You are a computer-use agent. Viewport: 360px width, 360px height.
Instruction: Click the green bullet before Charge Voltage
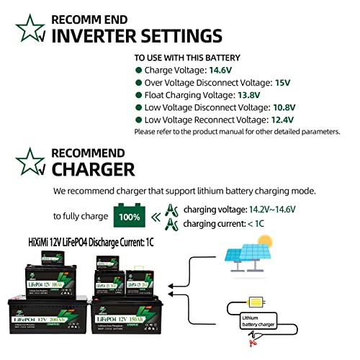(x=138, y=71)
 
